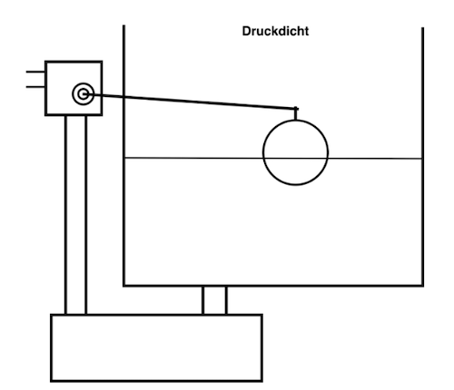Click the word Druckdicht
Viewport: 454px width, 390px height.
275,31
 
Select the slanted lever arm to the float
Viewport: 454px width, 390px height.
192,102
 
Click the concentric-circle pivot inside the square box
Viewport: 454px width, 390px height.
84,94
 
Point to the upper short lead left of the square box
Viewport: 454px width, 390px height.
35,72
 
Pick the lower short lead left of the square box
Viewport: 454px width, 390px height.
35,87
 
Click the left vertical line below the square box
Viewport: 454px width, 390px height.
66,215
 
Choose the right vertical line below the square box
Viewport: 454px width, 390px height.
86,215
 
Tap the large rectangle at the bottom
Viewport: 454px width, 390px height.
51,347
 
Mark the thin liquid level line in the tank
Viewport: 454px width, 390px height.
273,158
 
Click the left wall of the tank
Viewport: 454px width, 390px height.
123,155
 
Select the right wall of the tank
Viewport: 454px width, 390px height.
422,156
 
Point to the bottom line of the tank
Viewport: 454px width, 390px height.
273,285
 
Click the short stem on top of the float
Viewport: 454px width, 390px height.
296,113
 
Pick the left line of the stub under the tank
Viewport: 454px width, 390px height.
203,300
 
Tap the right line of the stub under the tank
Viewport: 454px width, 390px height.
226,300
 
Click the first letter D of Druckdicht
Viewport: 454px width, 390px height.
246,31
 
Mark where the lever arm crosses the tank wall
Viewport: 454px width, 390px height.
123,96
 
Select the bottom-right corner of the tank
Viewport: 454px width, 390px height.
422,285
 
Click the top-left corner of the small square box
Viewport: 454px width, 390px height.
45,62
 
